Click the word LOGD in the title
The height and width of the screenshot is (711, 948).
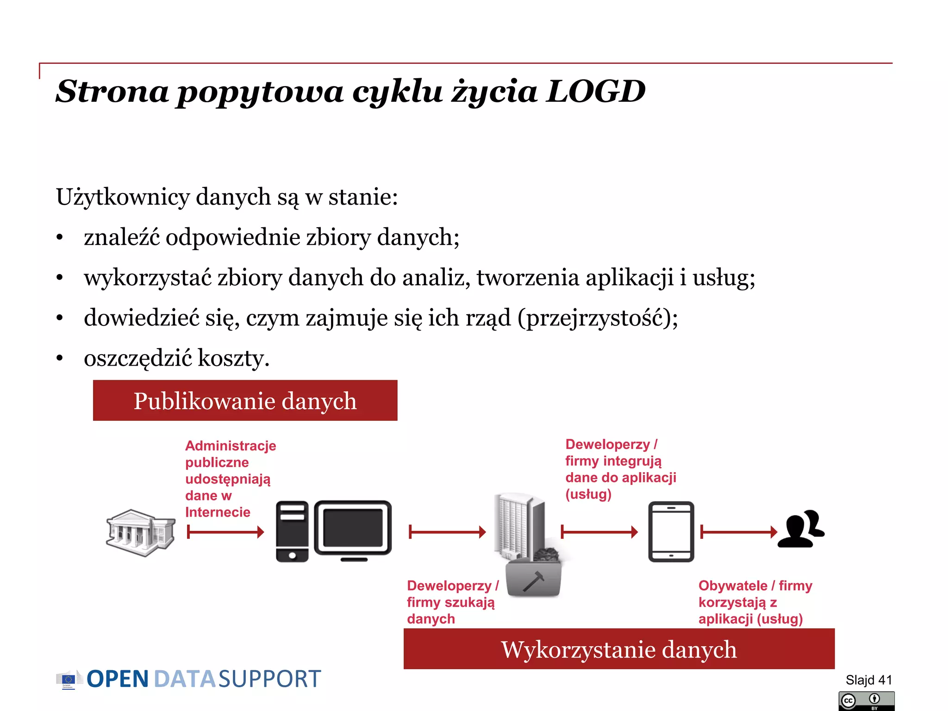pyautogui.click(x=596, y=91)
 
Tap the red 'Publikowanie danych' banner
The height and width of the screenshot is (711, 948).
pyautogui.click(x=245, y=400)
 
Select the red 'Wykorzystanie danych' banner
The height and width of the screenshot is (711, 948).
pyautogui.click(x=619, y=649)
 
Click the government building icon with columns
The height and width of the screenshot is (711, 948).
pyautogui.click(x=140, y=532)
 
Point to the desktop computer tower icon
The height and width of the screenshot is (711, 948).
pyautogui.click(x=292, y=531)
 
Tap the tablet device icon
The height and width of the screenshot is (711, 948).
pyautogui.click(x=671, y=531)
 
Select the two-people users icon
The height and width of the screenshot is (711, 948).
pyautogui.click(x=801, y=529)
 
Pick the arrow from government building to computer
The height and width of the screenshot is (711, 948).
pyautogui.click(x=225, y=532)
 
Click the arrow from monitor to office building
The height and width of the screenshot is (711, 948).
pyautogui.click(x=447, y=532)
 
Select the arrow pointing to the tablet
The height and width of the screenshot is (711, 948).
pyautogui.click(x=599, y=532)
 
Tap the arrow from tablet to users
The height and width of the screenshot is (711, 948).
pyautogui.click(x=739, y=532)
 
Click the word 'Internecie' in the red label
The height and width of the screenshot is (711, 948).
pyautogui.click(x=218, y=512)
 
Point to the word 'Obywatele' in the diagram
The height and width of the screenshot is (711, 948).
pyautogui.click(x=732, y=586)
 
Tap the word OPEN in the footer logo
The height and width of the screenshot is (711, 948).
pyautogui.click(x=118, y=679)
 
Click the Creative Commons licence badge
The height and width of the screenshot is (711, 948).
pyautogui.click(x=866, y=701)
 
